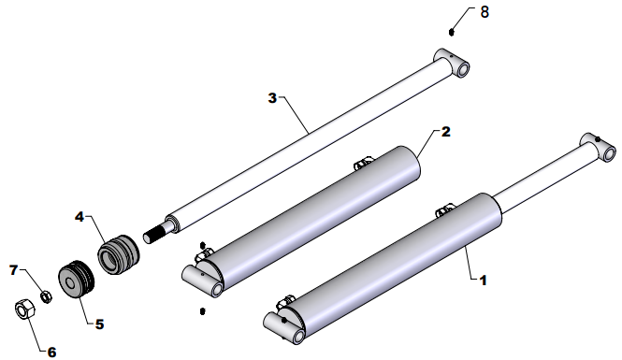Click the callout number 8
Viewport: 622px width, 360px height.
pos(485,12)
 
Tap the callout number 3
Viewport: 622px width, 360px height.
pos(272,97)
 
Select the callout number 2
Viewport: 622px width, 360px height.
pos(446,132)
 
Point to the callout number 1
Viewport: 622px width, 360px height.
pos(483,281)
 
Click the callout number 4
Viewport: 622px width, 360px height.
pos(80,217)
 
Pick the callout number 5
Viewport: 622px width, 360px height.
pos(99,324)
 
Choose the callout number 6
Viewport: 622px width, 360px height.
pos(52,352)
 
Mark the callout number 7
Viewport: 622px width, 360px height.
pos(14,270)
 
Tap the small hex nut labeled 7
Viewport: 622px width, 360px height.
pos(47,296)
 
